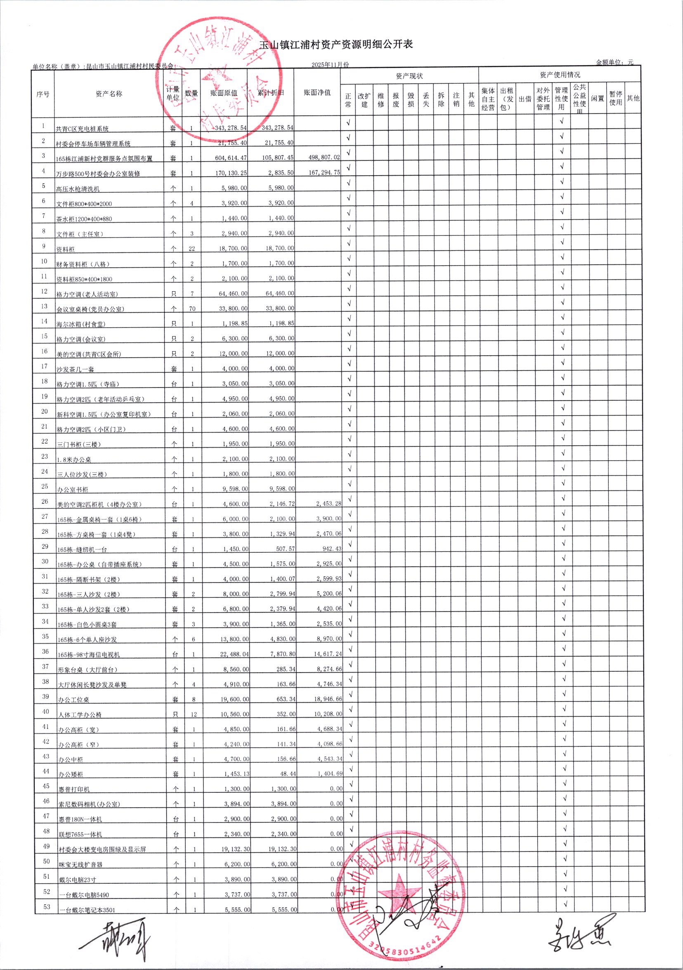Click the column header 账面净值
point(317,93)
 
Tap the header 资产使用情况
point(560,75)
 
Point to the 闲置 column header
point(597,98)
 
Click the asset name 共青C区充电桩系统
point(82,129)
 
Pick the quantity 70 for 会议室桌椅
point(192,309)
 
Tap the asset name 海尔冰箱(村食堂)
point(80,324)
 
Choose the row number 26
point(45,501)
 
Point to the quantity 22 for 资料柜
point(191,249)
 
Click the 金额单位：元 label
point(614,62)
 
